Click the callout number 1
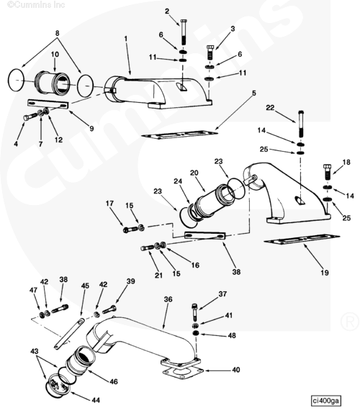coord(126,38)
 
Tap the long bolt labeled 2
coord(184,32)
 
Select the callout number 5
coord(253,93)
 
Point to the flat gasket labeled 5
coord(179,135)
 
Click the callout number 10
coord(55,55)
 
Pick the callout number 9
coord(91,128)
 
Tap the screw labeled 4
coord(30,117)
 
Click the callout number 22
coord(270,107)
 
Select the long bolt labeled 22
coord(301,124)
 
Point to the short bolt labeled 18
coord(328,172)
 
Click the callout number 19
coord(325,273)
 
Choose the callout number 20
coord(194,173)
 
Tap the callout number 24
coord(178,181)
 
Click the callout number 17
coord(109,203)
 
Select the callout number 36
coord(168,299)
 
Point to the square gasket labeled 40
coord(183,371)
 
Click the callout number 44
coord(96,400)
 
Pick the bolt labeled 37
coord(194,312)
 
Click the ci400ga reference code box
coord(326,401)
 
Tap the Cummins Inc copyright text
coord(36,5)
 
